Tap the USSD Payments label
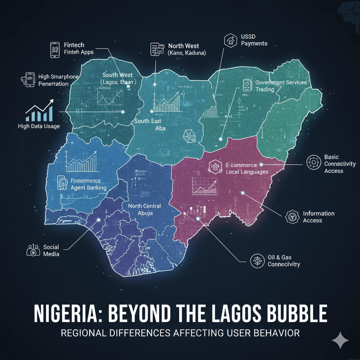click(x=254, y=40)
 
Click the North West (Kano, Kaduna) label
click(x=186, y=49)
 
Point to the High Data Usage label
click(x=39, y=126)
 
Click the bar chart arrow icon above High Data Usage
click(x=39, y=110)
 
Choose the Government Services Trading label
click(x=281, y=86)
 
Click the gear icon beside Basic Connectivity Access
click(x=312, y=162)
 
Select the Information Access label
click(x=319, y=217)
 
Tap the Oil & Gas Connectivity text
click(x=283, y=261)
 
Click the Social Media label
click(x=51, y=250)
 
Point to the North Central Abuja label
click(x=144, y=209)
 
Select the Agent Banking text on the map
click(x=88, y=188)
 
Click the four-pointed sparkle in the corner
click(x=340, y=341)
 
